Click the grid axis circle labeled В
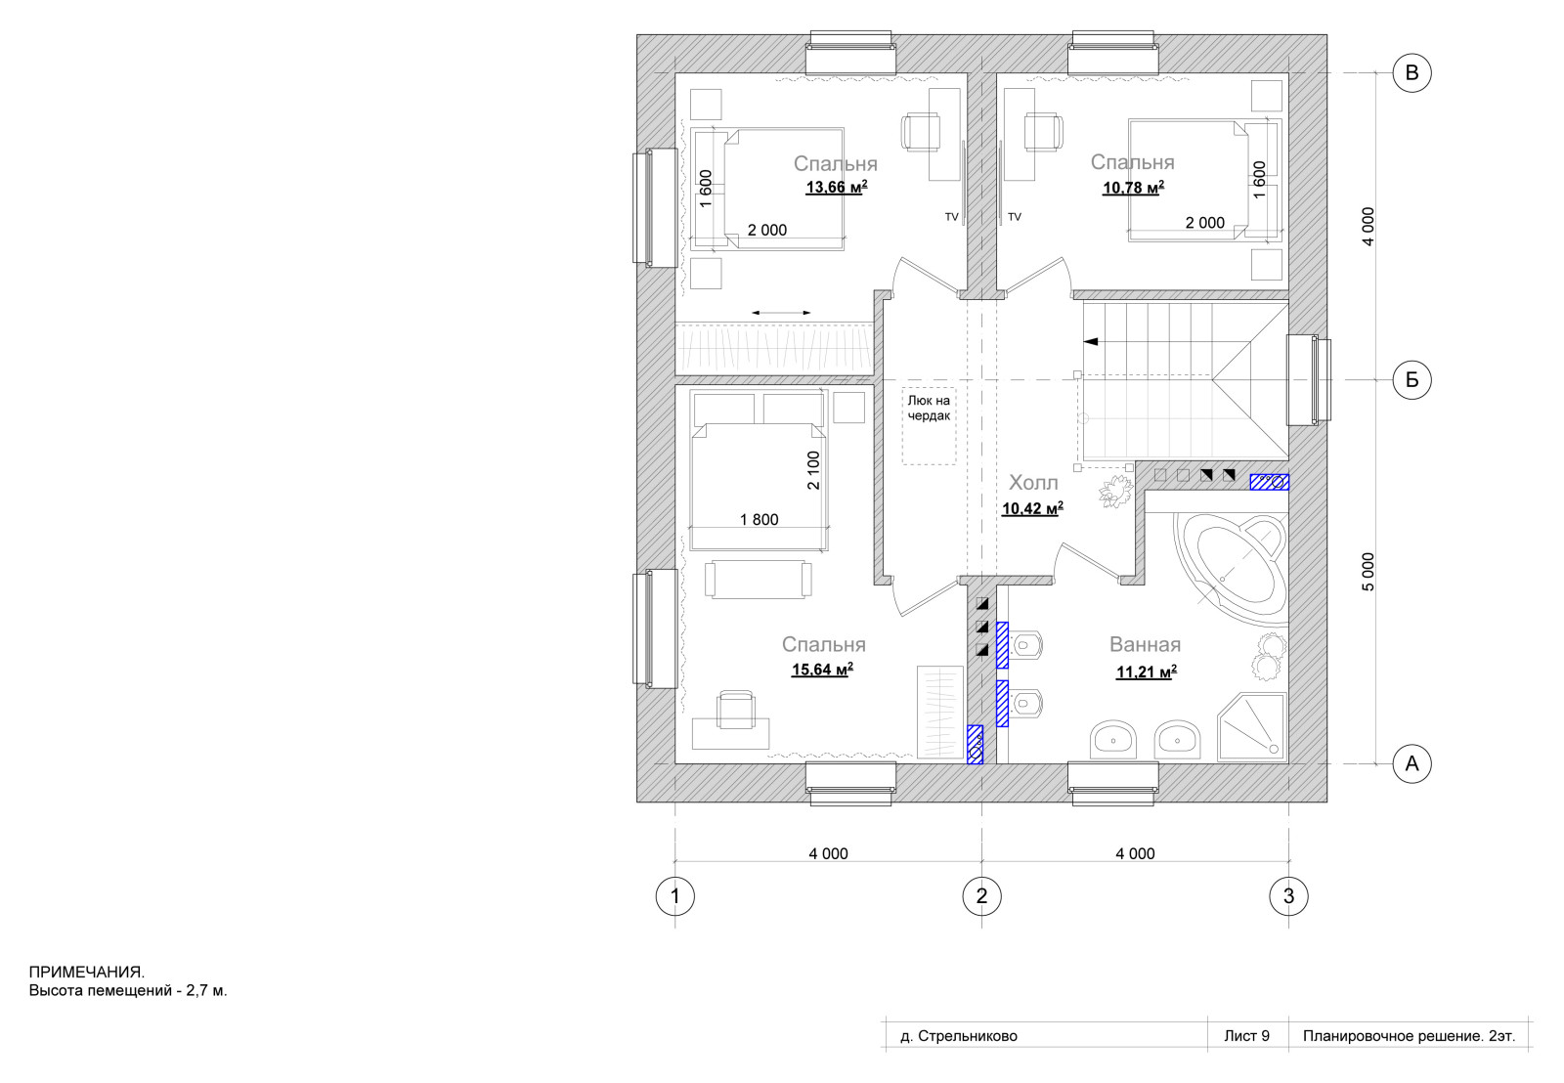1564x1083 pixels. [x=1412, y=72]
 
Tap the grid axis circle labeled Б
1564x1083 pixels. [x=1412, y=380]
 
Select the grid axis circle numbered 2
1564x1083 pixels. [x=981, y=896]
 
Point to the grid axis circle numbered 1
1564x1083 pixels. [x=675, y=896]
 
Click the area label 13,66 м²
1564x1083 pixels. [x=837, y=187]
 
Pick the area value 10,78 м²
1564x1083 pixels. [x=1133, y=187]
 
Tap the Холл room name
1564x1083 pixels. [x=1033, y=483]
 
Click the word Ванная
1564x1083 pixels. [x=1145, y=644]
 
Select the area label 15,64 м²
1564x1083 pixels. [x=822, y=670]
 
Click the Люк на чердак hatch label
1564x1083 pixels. [x=929, y=409]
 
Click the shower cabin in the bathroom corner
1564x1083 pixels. [x=1252, y=726]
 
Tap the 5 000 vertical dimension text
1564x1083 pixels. [x=1368, y=572]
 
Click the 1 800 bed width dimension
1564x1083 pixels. [x=759, y=519]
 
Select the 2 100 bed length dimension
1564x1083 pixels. [x=813, y=470]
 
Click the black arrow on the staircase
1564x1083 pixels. [x=1091, y=341]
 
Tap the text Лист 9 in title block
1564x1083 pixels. [x=1246, y=1036]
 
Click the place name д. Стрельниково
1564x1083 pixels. [x=959, y=1036]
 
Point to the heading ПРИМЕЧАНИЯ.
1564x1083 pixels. [x=87, y=972]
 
